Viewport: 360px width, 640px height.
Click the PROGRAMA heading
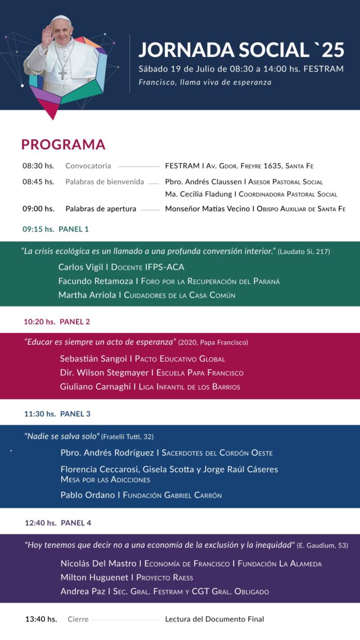click(63, 145)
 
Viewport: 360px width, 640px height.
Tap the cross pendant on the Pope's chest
click(63, 74)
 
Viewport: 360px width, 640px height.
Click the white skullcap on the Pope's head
click(61, 19)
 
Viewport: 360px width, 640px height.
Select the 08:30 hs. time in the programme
click(38, 166)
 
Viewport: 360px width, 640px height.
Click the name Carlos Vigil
click(83, 267)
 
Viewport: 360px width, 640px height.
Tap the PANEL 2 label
click(75, 322)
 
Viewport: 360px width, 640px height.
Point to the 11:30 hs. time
click(39, 414)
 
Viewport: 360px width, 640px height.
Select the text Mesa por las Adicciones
click(105, 480)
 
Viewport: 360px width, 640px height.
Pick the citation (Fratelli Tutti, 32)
click(128, 437)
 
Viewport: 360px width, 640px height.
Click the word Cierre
click(78, 619)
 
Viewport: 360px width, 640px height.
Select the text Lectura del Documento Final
click(214, 619)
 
